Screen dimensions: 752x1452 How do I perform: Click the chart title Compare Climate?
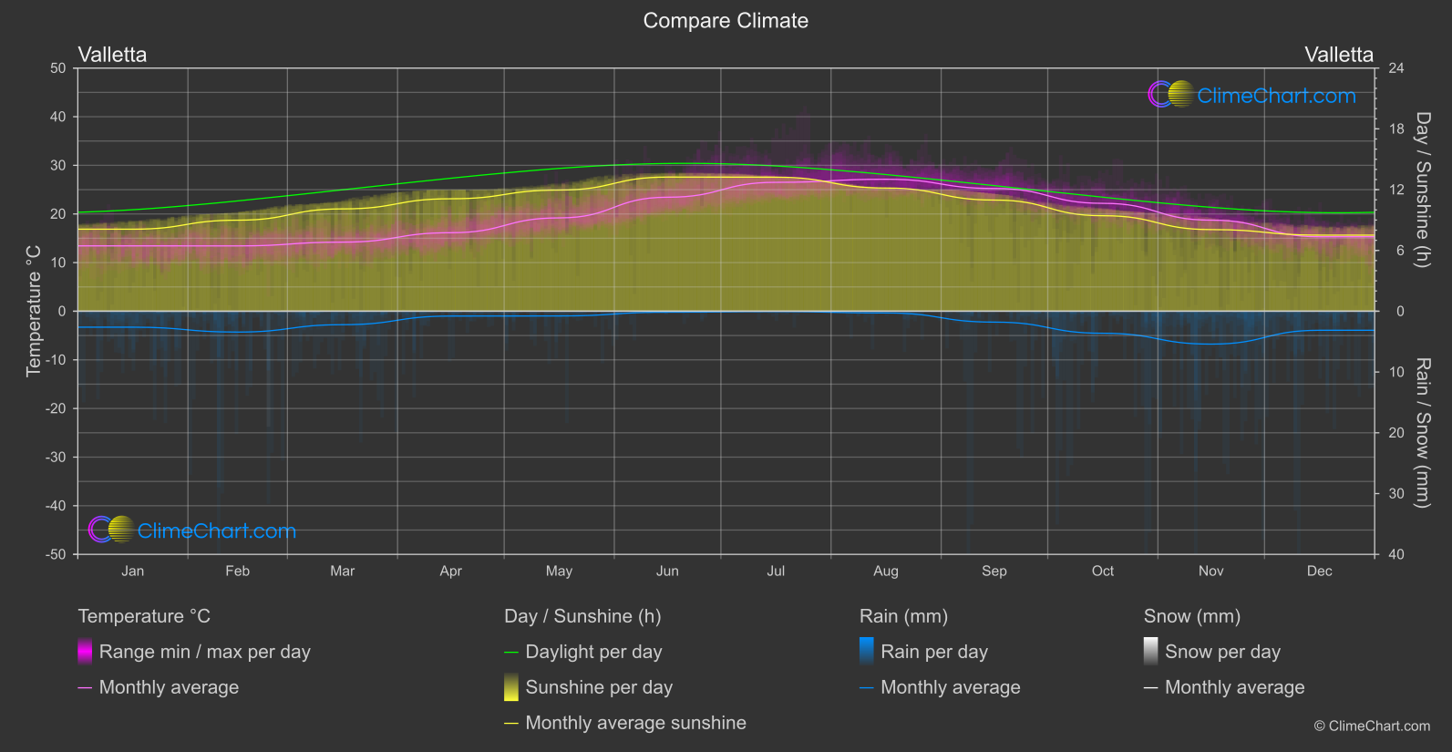726,21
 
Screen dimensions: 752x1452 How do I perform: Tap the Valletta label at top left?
112,55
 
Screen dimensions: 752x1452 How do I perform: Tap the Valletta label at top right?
1338,55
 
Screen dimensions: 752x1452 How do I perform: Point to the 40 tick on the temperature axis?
58,117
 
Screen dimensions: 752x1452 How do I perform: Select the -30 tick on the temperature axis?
56,458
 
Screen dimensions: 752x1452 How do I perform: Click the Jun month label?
667,572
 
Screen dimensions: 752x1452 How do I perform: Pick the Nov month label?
1210,572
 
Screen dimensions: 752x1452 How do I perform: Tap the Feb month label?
237,572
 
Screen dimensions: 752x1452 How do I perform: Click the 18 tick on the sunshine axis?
1395,129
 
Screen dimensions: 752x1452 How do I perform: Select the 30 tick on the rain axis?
1395,494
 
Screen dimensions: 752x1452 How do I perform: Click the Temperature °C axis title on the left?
34,311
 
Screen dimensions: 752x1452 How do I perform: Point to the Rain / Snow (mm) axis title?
1422,432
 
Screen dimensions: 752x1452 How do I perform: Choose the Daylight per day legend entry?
593,652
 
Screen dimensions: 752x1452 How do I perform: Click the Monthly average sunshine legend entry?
635,723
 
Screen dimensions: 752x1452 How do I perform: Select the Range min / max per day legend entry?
204,652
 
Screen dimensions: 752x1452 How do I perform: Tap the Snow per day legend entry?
1222,652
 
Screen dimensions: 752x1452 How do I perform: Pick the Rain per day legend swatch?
867,652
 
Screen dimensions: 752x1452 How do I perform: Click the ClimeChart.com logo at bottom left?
192,531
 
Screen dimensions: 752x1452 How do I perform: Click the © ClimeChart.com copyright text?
1372,726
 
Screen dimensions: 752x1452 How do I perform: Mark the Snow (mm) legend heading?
1191,616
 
